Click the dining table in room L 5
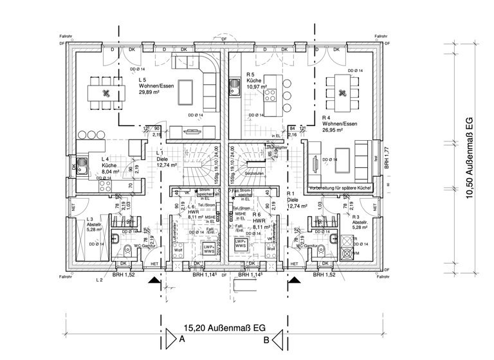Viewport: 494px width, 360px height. click(x=104, y=91)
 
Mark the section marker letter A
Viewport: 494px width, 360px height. click(x=182, y=339)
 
